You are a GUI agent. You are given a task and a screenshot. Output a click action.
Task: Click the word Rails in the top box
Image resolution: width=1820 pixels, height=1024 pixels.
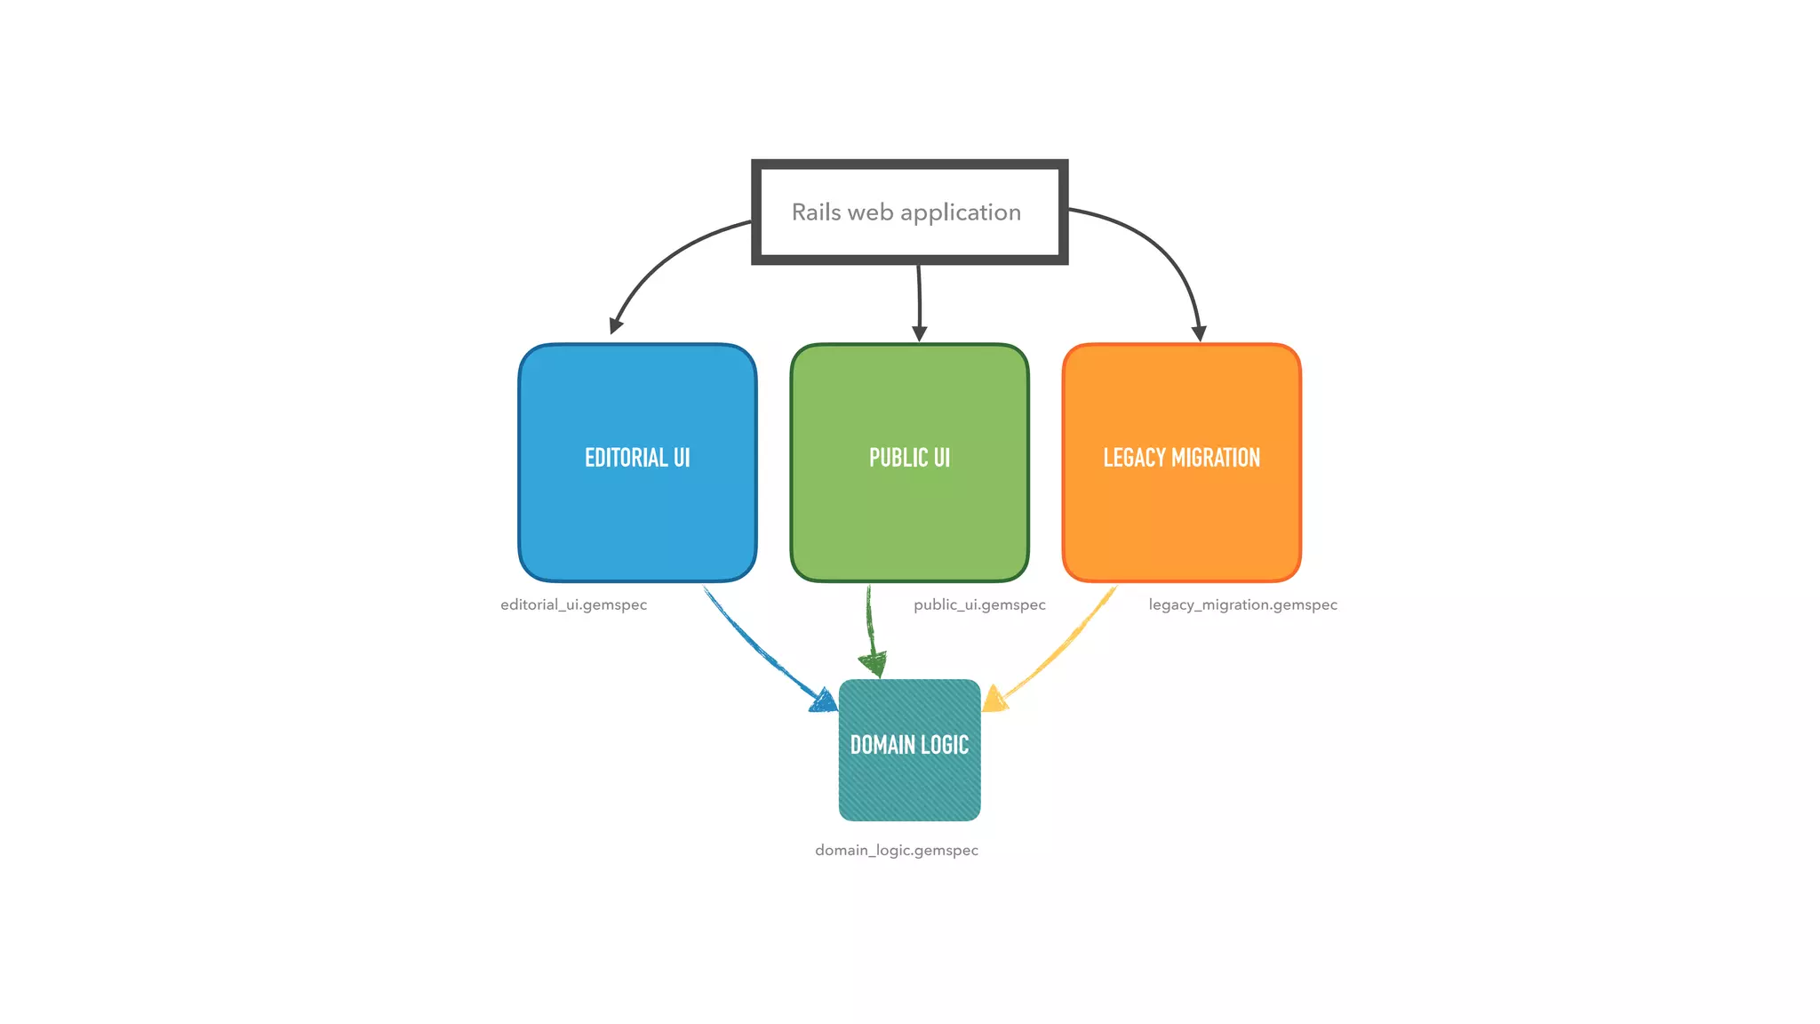point(816,212)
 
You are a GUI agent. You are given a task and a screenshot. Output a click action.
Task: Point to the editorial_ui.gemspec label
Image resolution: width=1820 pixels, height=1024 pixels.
point(573,604)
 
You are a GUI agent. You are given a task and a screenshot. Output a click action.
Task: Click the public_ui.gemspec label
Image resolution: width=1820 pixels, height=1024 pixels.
point(979,604)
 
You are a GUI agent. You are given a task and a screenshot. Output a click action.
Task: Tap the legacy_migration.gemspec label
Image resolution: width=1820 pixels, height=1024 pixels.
point(1242,604)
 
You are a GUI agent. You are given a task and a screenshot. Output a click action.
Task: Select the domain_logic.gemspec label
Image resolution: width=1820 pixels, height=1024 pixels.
point(897,850)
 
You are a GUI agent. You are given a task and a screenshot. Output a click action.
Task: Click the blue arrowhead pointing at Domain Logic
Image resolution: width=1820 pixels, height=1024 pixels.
point(825,701)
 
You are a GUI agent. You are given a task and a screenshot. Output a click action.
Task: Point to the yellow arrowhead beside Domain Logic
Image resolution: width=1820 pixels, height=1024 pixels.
point(994,700)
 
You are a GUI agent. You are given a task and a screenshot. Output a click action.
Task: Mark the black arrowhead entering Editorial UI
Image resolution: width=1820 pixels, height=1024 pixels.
point(616,325)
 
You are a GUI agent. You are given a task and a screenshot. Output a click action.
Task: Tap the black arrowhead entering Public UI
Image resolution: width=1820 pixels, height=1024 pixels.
point(920,333)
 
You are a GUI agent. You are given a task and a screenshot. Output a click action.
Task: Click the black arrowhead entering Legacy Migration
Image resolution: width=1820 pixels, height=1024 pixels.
point(1199,333)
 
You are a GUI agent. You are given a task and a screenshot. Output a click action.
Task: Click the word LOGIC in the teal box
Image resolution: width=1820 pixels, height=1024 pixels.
point(945,745)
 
